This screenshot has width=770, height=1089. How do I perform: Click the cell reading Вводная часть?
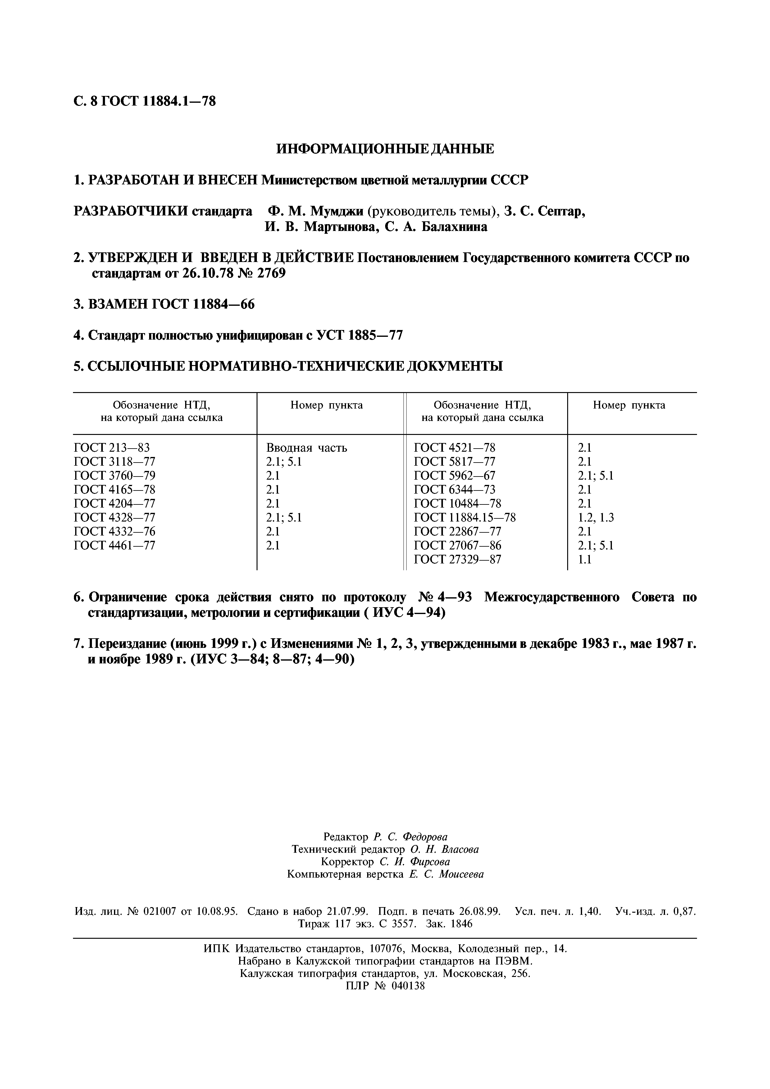pyautogui.click(x=307, y=448)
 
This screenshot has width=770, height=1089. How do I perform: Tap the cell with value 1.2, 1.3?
pyautogui.click(x=595, y=517)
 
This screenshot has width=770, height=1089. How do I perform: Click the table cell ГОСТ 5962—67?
pyautogui.click(x=454, y=476)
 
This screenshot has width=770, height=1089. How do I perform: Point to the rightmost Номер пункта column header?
pyautogui.click(x=629, y=405)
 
